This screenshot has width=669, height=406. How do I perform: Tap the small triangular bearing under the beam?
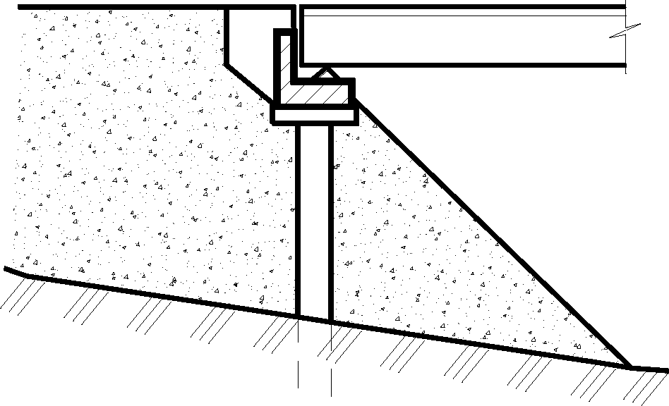pos(325,72)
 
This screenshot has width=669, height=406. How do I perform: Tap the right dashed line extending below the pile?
pos(331,359)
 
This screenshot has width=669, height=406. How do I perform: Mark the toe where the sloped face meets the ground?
pos(629,367)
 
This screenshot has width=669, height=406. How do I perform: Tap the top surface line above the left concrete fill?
pos(120,8)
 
